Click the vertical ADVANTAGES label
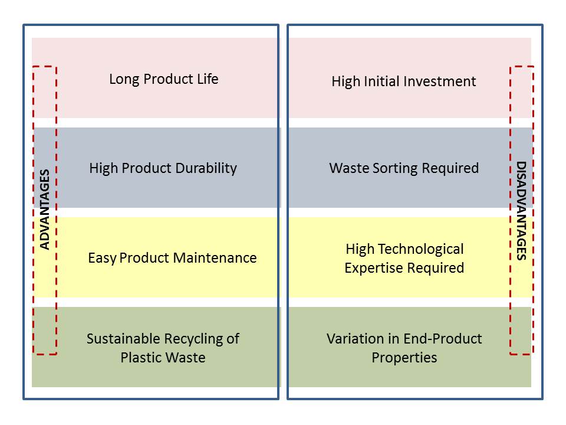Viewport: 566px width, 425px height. [44, 210]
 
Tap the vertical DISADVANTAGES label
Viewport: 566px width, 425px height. [521, 211]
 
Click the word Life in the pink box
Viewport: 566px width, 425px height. [208, 79]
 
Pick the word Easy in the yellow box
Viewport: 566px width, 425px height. [102, 259]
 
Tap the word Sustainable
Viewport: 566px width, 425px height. [123, 339]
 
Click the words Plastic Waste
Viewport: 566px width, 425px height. [163, 358]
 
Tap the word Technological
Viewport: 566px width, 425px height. [421, 249]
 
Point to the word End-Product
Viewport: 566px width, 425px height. [443, 339]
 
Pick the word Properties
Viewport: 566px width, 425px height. [404, 358]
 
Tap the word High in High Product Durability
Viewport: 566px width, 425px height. [104, 168]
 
